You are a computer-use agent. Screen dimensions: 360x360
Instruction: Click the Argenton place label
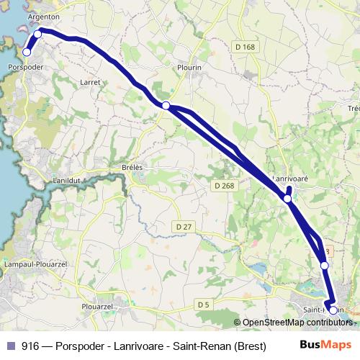click(43, 16)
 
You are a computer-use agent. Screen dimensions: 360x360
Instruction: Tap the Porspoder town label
click(26, 67)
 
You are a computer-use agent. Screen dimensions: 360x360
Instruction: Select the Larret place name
click(91, 82)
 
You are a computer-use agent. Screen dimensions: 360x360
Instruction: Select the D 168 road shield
click(245, 48)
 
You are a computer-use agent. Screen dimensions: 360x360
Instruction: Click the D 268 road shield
click(224, 185)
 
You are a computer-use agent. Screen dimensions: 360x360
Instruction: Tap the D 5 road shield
click(202, 305)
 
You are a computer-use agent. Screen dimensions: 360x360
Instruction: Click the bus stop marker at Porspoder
click(27, 52)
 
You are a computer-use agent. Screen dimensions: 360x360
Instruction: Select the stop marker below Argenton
click(38, 32)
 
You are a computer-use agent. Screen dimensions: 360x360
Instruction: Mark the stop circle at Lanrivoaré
click(287, 198)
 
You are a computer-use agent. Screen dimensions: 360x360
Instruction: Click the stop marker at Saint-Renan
click(333, 310)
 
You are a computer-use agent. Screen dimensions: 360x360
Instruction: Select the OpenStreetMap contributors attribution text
click(294, 323)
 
